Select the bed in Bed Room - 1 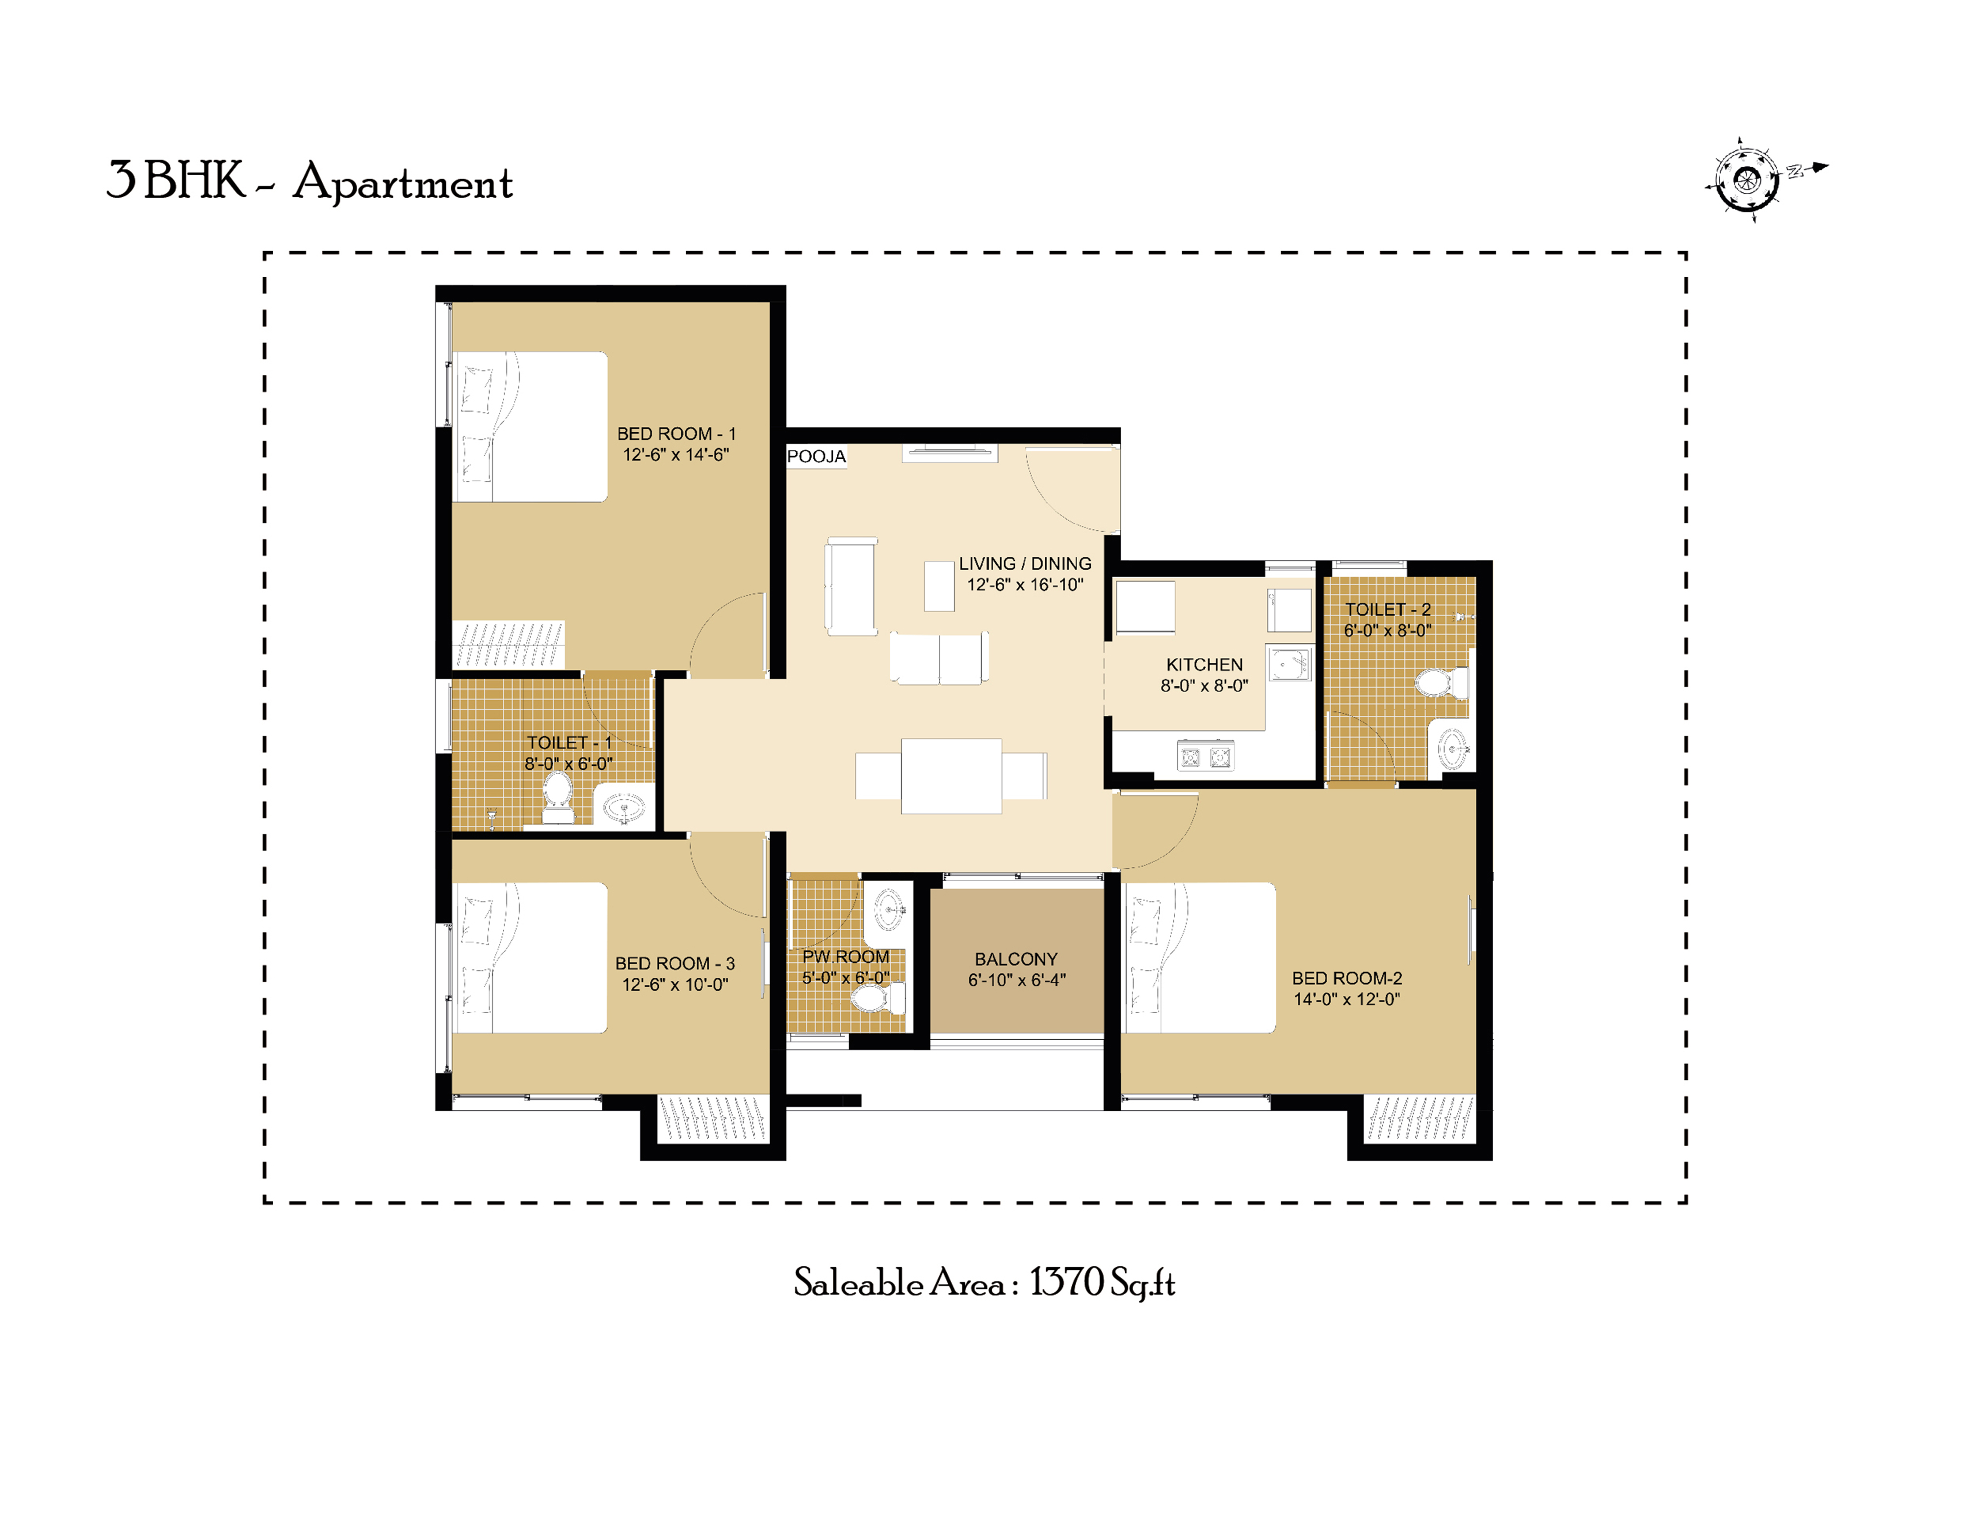530,427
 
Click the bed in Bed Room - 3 530,958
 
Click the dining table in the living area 952,776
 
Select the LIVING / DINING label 1025,563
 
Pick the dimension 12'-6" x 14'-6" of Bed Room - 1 675,455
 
